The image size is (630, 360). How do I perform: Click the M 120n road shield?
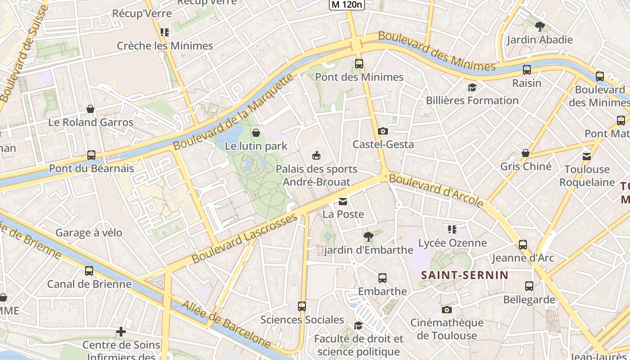[346, 4]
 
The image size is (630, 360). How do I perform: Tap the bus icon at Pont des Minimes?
[359, 64]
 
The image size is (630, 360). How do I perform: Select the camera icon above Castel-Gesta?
[383, 131]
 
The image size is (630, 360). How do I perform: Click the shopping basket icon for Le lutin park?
[256, 133]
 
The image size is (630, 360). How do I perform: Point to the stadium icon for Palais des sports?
[317, 156]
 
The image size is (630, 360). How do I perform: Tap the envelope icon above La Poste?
[343, 201]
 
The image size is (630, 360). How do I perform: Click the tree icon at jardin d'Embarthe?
[368, 236]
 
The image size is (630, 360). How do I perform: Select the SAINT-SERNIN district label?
[464, 275]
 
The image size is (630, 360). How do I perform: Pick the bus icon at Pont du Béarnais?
[91, 155]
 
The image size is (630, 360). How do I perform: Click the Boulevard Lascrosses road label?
[244, 238]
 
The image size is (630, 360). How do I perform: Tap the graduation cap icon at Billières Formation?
[472, 87]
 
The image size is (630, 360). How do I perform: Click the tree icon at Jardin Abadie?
[540, 27]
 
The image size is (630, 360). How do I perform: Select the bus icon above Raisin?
[527, 70]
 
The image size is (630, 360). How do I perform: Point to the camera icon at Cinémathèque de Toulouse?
[446, 310]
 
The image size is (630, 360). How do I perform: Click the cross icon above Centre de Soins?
[121, 332]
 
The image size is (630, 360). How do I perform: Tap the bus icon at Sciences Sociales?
[302, 306]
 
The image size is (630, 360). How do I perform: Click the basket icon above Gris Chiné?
[525, 153]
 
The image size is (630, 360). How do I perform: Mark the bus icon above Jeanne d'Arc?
[522, 245]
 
